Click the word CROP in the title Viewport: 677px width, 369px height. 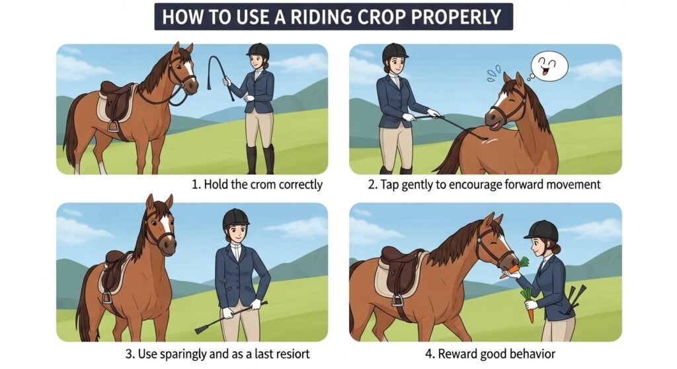coord(381,17)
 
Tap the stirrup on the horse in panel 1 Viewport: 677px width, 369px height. coord(113,125)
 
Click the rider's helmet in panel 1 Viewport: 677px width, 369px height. coord(259,51)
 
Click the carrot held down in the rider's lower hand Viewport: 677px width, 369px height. coord(528,304)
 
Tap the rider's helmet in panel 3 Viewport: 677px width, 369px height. coord(236,219)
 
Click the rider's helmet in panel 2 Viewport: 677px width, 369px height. coord(395,51)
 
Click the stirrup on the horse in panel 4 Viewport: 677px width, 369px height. coord(397,300)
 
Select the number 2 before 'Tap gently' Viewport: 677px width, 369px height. coord(372,185)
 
